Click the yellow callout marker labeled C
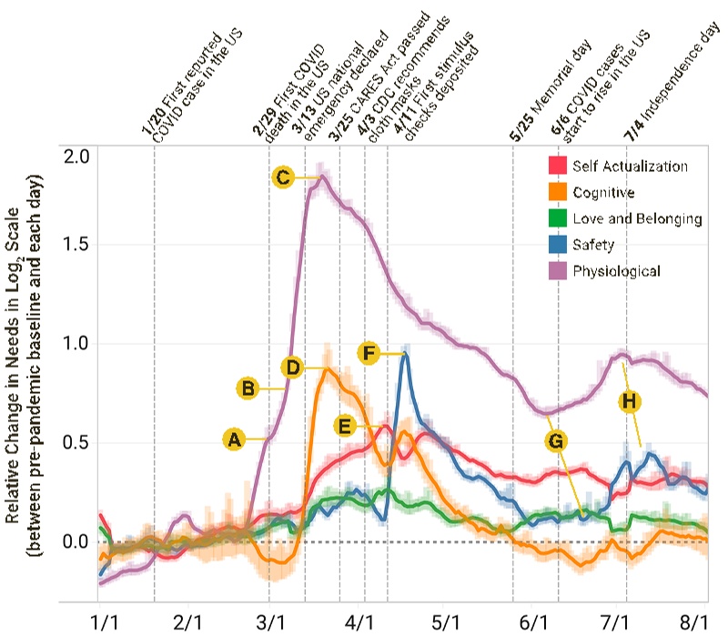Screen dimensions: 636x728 [283, 178]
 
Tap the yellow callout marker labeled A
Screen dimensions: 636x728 [234, 439]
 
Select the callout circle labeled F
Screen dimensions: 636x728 [369, 353]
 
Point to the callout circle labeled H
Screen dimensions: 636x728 [628, 400]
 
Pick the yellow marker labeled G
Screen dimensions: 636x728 [558, 441]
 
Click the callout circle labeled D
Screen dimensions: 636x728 [292, 367]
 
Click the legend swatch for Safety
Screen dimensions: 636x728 [558, 245]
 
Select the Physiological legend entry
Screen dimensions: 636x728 [616, 270]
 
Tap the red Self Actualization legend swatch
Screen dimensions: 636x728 [558, 166]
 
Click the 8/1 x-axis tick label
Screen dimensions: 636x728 [695, 621]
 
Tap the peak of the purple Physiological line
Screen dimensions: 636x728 [320, 178]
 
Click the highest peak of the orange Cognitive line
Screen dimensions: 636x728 [327, 369]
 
